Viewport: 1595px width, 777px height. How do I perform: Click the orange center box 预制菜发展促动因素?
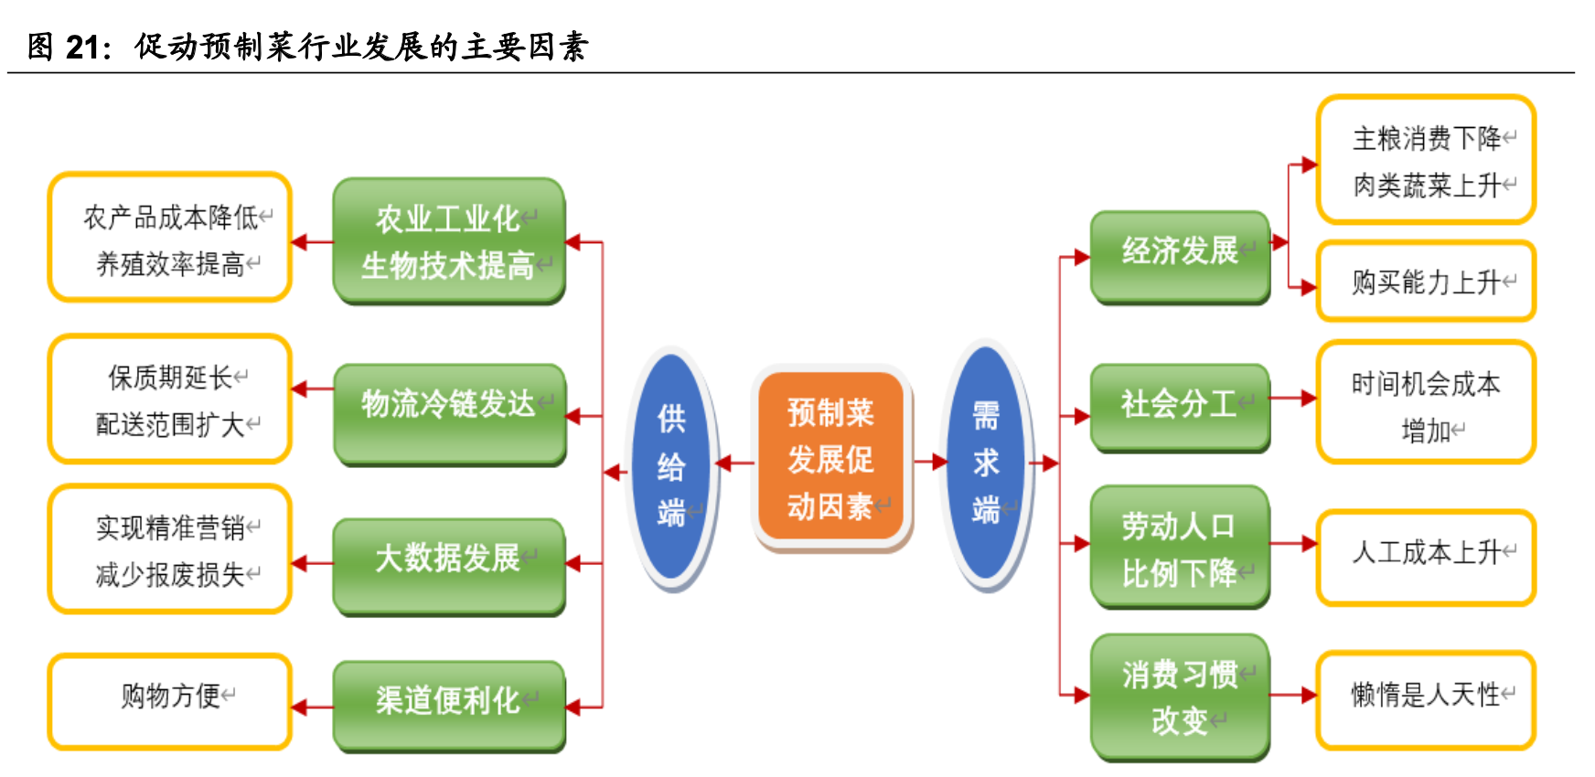830,458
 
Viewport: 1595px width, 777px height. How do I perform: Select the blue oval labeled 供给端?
671,466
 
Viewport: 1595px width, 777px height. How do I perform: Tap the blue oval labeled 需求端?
986,463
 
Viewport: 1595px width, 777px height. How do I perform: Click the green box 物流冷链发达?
448,413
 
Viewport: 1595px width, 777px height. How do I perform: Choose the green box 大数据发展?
448,565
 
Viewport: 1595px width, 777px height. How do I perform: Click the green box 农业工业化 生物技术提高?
448,240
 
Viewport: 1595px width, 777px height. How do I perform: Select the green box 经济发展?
1180,256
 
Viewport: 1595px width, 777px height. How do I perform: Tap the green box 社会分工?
1180,407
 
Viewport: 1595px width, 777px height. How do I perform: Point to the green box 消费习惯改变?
1180,697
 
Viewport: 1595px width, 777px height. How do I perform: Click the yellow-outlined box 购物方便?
170,701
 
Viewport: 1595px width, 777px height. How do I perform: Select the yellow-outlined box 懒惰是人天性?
1426,699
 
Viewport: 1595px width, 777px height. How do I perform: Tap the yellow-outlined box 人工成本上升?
1426,557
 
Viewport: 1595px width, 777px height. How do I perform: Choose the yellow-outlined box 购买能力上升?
1426,282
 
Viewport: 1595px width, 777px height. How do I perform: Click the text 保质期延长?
170,377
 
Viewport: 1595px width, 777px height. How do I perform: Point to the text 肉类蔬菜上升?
1427,186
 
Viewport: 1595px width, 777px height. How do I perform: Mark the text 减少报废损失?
170,575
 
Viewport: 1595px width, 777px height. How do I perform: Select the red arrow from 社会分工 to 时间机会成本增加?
1293,399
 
